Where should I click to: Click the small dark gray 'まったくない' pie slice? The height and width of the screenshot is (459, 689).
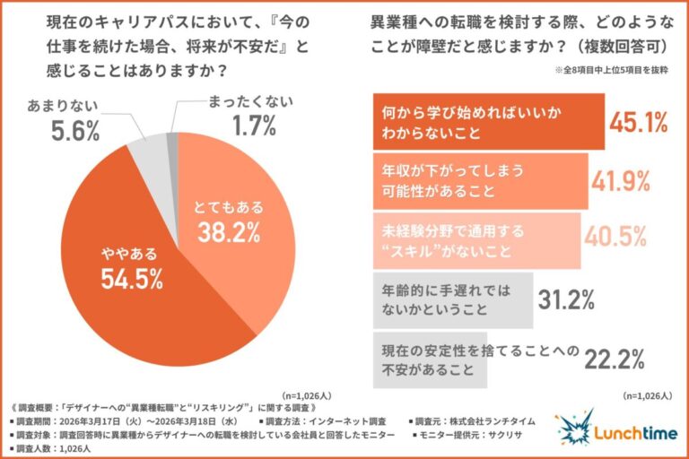pos(172,139)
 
